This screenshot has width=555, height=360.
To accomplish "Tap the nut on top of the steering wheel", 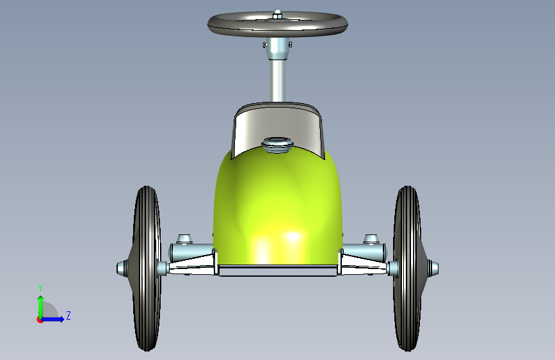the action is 278,15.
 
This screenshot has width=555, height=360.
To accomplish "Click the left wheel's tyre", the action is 147,268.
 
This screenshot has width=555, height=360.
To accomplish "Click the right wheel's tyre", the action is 408,268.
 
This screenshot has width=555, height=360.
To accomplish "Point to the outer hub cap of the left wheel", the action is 122,268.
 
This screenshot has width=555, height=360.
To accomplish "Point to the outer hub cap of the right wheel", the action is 433,268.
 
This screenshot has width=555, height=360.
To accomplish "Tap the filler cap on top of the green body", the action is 278,145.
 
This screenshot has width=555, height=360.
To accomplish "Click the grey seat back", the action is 278,127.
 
